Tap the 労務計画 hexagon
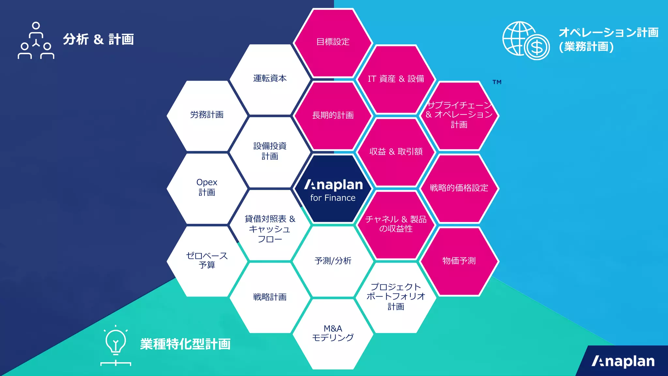pyautogui.click(x=207, y=115)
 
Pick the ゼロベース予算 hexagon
pyautogui.click(x=207, y=260)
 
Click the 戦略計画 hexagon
pyautogui.click(x=270, y=297)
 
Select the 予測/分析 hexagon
pyautogui.click(x=333, y=261)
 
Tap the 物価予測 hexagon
pyautogui.click(x=459, y=261)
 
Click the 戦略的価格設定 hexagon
pyautogui.click(x=459, y=188)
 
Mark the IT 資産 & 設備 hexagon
pyautogui.click(x=396, y=79)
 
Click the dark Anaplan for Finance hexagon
pyautogui.click(x=333, y=189)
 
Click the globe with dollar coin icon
pyautogui.click(x=526, y=40)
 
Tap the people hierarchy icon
pyautogui.click(x=36, y=40)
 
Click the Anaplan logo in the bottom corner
pyautogui.click(x=623, y=361)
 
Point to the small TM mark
pyautogui.click(x=497, y=82)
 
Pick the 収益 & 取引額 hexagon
pyautogui.click(x=396, y=152)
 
